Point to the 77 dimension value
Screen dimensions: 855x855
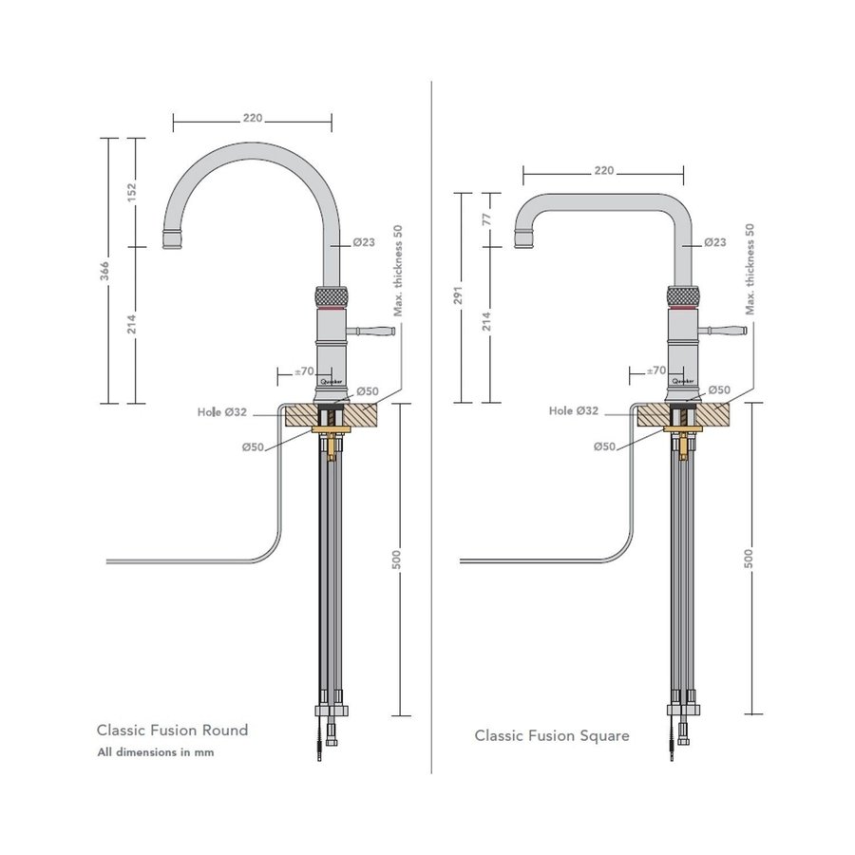point(487,218)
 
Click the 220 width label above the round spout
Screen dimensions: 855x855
point(253,119)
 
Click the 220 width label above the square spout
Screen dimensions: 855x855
point(603,171)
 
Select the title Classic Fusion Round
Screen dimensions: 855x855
point(172,730)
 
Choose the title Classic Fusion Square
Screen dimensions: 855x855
point(552,735)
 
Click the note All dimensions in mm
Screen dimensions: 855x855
point(156,752)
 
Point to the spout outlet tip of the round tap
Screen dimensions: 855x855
point(173,239)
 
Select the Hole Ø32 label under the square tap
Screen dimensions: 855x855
point(574,411)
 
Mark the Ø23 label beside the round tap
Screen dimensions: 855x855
point(364,242)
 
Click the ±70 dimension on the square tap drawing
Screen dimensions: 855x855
point(655,370)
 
